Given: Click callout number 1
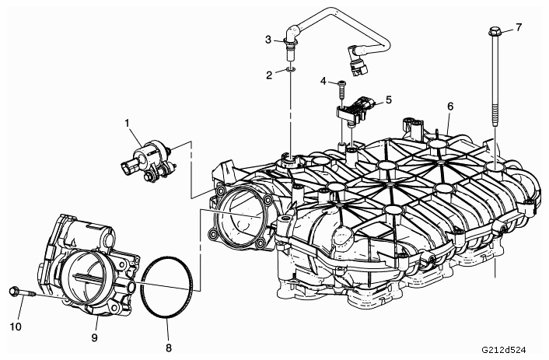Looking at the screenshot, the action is (x=127, y=123).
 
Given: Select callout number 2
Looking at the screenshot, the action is (x=269, y=75).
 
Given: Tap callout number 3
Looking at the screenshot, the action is (x=268, y=40).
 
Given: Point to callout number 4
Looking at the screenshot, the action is (x=323, y=81).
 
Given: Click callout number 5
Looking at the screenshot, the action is (x=389, y=100).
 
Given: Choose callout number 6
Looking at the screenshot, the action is (x=450, y=106).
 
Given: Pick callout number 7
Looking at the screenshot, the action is (x=519, y=27).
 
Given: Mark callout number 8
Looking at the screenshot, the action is (x=169, y=348).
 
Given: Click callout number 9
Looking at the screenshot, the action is (x=94, y=337).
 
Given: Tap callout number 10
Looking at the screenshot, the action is (x=16, y=327).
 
